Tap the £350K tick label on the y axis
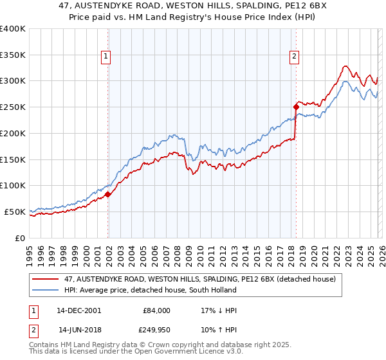pos(13,55)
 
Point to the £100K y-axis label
pos(13,185)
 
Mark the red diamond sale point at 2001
pos(108,194)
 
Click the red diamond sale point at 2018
pos(295,107)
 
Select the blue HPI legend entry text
pos(151,290)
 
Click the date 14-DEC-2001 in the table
pos(78,310)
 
